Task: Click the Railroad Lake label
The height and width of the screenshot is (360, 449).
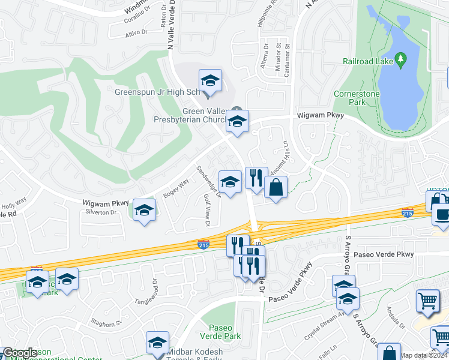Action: point(367,61)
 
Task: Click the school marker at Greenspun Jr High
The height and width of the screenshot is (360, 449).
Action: point(211,81)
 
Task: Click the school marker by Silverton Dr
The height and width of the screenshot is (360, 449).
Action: point(144,211)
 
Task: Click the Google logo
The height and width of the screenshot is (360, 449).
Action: point(20,353)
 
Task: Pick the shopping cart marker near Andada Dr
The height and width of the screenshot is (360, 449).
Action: point(427,301)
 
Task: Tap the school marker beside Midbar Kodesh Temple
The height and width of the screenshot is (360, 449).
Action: point(157,343)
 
